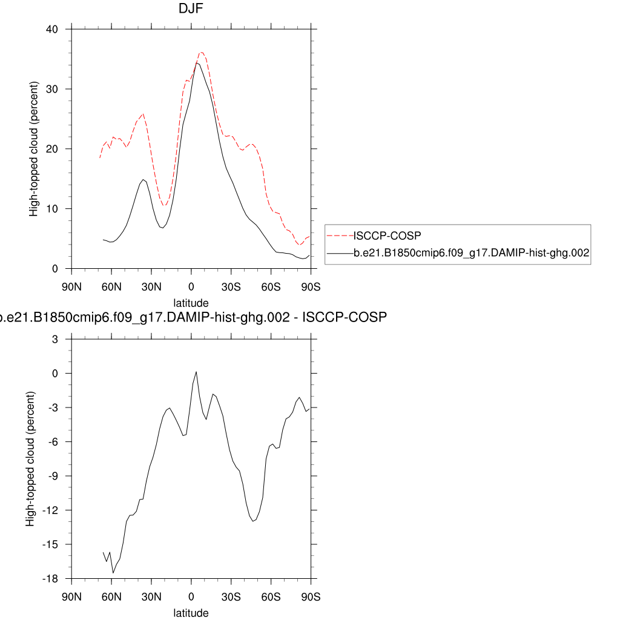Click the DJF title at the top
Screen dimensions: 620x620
point(191,8)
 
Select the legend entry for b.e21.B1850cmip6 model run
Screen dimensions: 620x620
point(471,254)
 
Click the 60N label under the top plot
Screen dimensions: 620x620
point(111,287)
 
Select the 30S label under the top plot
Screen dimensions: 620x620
point(231,287)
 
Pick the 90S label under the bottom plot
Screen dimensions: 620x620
point(311,597)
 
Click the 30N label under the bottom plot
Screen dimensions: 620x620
point(151,597)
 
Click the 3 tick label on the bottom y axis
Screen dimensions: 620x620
point(54,340)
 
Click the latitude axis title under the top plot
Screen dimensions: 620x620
point(191,303)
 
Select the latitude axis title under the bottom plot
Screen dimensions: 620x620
point(191,613)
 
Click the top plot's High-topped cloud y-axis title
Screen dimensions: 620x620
point(34,149)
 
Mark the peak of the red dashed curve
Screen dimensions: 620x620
point(202,52)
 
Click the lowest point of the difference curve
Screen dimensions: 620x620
point(113,573)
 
